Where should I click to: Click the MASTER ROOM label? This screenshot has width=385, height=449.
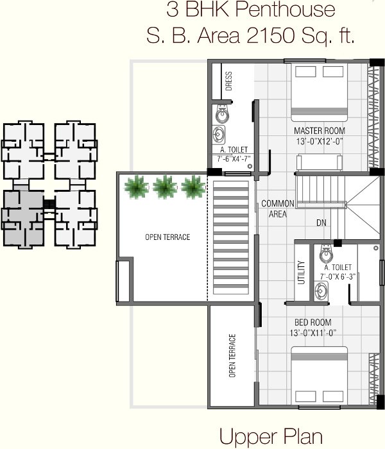click(x=315, y=131)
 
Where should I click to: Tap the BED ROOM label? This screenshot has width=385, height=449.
click(x=312, y=322)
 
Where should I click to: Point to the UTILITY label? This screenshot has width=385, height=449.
click(x=300, y=272)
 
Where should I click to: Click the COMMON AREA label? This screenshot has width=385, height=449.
click(x=277, y=208)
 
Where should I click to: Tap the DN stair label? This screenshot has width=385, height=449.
click(x=321, y=223)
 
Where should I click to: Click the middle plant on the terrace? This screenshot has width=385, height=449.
click(x=164, y=187)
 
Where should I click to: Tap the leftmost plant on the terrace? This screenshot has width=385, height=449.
click(x=137, y=187)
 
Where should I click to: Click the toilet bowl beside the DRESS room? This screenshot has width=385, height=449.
click(x=222, y=115)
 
